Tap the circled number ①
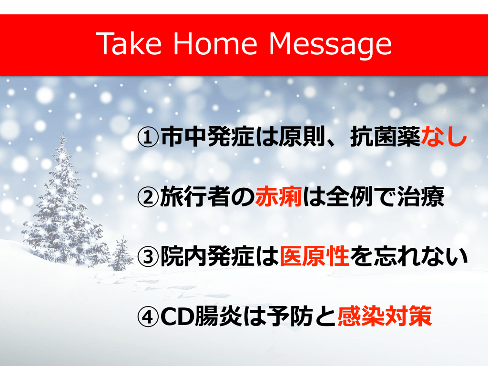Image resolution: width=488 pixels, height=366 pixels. (148, 137)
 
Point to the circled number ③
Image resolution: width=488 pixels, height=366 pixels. (148, 257)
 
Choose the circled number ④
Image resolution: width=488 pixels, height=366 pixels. (148, 317)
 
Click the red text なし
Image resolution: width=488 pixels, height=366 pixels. (444, 137)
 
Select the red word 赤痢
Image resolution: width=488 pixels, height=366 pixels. (278, 197)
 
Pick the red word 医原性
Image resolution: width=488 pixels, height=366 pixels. (315, 257)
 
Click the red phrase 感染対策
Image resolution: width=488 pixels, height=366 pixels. (385, 316)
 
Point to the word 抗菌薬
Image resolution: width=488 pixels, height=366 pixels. (385, 137)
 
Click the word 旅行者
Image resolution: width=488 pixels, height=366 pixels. (195, 197)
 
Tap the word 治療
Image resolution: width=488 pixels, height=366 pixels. (421, 197)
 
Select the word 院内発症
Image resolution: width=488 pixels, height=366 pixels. (207, 257)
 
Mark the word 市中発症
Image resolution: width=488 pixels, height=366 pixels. (207, 137)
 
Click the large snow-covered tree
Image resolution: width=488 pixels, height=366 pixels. (64, 205)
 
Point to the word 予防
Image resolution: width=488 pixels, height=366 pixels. (291, 316)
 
